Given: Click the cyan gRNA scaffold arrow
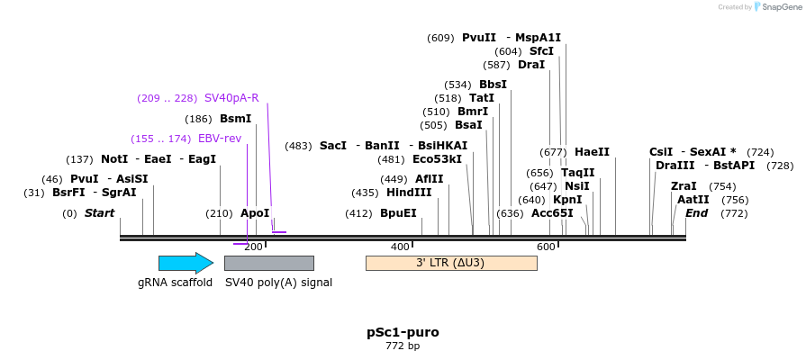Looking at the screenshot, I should coord(186,263).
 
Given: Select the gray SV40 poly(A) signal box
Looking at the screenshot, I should coord(268,263).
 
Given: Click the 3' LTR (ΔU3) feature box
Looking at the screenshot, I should coord(450,263).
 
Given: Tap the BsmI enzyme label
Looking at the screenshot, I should coord(236,119).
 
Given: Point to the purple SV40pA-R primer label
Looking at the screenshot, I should coord(231,98).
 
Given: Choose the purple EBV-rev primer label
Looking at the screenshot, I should coord(220,139).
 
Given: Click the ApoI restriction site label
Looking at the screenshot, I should coord(255,213).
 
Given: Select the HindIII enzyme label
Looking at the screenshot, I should coord(409,193).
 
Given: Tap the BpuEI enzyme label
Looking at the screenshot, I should coord(398,213).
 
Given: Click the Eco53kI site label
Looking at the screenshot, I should coord(437,159).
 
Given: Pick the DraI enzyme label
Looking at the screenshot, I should coord(531,65).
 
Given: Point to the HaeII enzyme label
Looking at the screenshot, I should coord(592,152).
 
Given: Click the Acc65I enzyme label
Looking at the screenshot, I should coord(552,213).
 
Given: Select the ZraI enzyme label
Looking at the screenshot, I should coord(684,186).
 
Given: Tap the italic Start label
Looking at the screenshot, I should coord(99,213).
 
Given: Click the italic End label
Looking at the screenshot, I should coord(696,213).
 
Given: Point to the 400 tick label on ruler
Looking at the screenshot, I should coord(400,247).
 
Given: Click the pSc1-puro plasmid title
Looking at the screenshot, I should coord(403,332).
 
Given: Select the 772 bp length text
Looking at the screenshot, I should coord(403,346).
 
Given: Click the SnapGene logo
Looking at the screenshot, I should coord(775,7).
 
